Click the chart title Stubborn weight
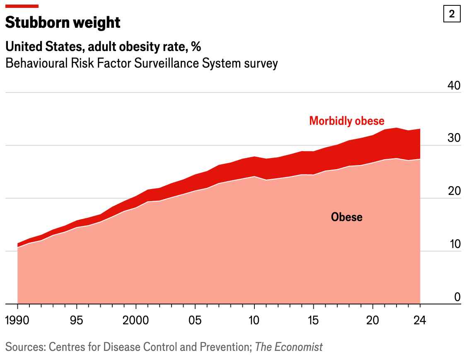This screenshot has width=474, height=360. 63,22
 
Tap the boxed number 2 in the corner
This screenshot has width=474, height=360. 452,14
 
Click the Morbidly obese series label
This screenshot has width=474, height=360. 347,121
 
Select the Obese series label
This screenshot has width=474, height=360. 346,217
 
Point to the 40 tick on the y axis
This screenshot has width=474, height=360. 454,85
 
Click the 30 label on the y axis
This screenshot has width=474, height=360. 454,138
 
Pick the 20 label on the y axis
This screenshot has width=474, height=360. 454,191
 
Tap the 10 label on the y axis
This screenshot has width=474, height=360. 454,244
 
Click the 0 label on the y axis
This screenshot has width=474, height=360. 457,297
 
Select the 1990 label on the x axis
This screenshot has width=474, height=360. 18,321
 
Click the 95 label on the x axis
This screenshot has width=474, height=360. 77,321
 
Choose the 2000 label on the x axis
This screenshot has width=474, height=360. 136,321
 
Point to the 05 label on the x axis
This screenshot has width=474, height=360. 195,321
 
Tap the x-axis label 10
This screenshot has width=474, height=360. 254,321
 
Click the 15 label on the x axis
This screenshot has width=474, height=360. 313,321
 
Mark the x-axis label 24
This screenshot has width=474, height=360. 420,321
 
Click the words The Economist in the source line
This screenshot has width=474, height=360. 289,347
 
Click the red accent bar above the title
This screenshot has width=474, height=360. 22,6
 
